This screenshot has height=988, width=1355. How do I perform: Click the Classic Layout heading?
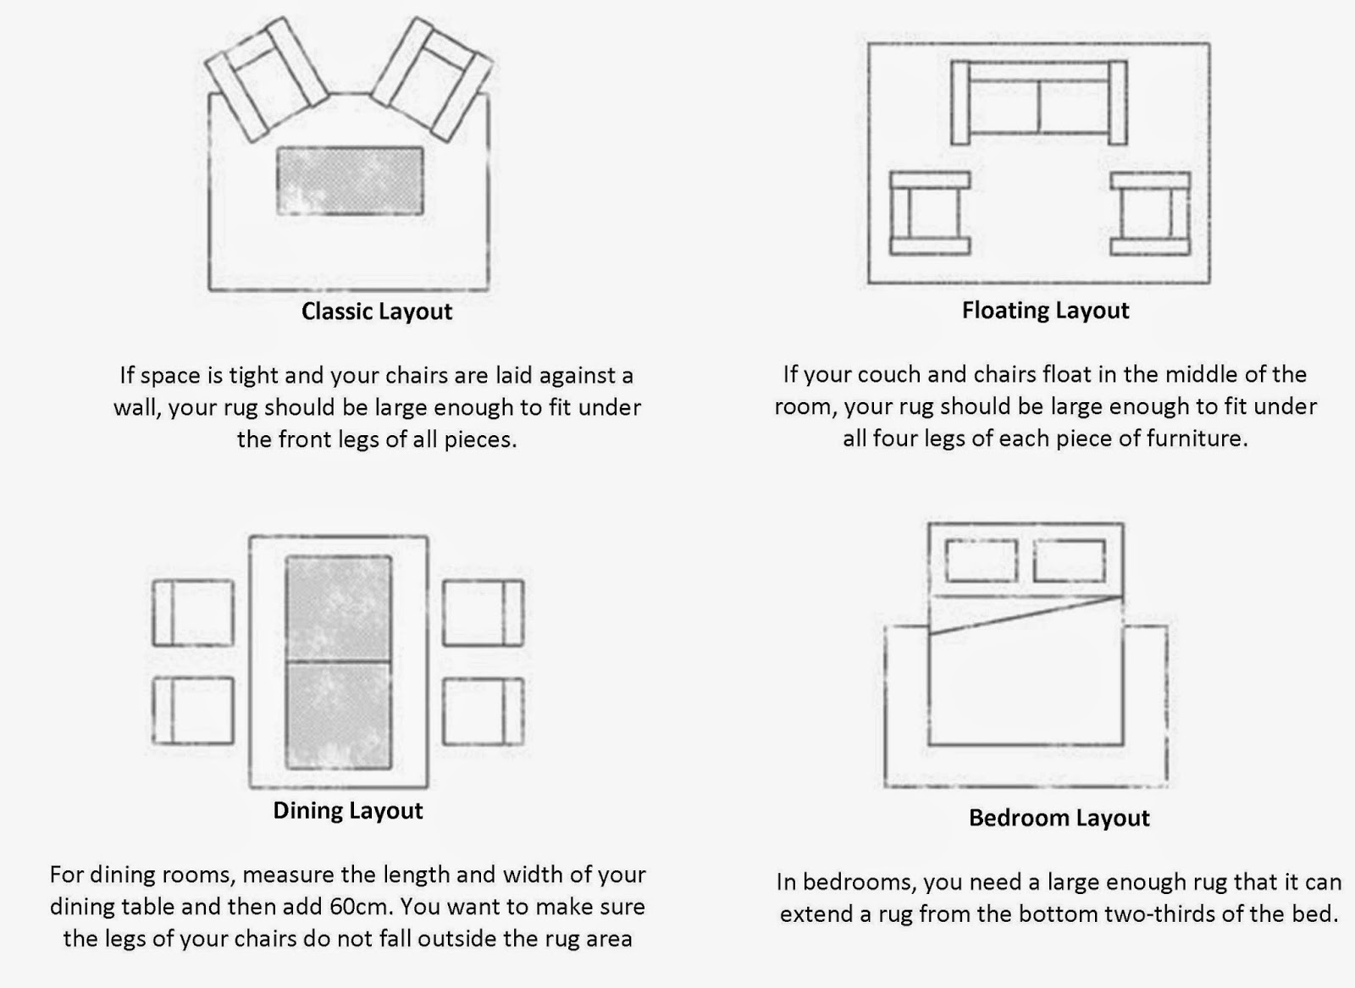tap(376, 312)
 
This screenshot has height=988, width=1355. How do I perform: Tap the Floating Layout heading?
tap(1045, 311)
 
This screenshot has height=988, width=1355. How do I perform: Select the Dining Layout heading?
tap(348, 811)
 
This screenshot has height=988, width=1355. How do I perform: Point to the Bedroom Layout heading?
tap(1059, 818)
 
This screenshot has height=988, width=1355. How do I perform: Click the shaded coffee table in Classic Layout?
tap(350, 181)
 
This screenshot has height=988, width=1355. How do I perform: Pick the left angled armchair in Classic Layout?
tap(266, 79)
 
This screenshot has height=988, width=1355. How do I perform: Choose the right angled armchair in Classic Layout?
tap(432, 79)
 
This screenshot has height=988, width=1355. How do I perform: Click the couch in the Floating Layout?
tap(1038, 102)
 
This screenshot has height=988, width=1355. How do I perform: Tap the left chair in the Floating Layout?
tap(930, 213)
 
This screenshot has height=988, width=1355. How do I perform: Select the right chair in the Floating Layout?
tap(1150, 213)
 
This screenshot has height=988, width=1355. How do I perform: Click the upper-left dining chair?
tap(193, 612)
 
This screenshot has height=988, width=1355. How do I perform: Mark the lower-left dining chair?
tap(193, 709)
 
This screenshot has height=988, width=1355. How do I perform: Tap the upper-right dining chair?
tap(483, 612)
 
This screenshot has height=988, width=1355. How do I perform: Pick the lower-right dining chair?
tap(483, 711)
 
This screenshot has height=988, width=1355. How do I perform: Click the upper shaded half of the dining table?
tap(338, 608)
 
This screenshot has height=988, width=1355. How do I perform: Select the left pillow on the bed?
tap(982, 560)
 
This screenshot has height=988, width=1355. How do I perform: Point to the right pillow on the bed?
tap(1070, 560)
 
